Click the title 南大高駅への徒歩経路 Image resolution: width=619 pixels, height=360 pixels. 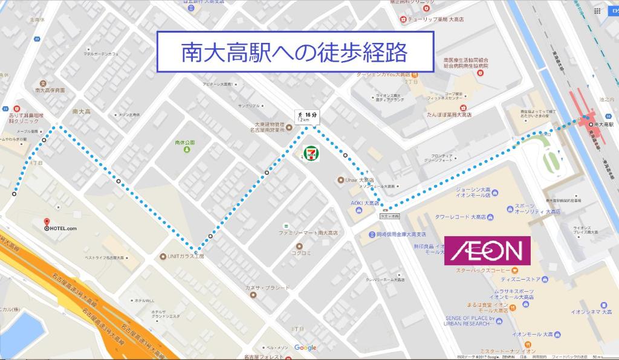(x=295, y=52)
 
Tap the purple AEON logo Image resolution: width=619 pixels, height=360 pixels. (x=487, y=250)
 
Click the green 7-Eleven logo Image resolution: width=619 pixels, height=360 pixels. (x=310, y=153)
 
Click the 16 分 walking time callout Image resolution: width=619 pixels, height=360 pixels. (x=306, y=116)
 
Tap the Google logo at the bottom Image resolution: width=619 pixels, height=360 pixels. (x=305, y=347)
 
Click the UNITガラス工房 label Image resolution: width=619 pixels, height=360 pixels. (x=186, y=257)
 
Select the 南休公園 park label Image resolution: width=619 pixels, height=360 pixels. (x=184, y=143)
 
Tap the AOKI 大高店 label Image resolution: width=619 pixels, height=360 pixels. (x=365, y=204)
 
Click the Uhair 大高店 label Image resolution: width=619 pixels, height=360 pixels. (x=359, y=180)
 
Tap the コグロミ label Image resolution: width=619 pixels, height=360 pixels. (x=300, y=253)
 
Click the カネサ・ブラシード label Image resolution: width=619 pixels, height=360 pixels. (x=267, y=288)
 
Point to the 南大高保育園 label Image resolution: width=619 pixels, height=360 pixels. (x=50, y=90)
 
